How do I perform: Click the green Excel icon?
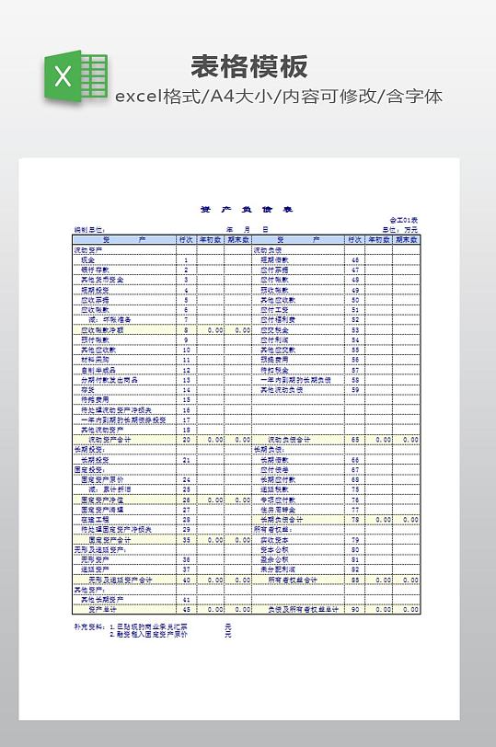point(75,76)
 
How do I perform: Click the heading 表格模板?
point(248,66)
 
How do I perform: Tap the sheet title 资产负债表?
point(247,210)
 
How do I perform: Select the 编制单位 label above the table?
point(90,230)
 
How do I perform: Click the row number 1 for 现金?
point(186,259)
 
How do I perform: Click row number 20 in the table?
point(186,440)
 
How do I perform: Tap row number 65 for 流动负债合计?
point(355,440)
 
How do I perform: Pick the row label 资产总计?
point(101,609)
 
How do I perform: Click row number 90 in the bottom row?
point(355,609)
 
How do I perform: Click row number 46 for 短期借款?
point(355,259)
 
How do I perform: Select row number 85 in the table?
point(355,580)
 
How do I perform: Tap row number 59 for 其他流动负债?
point(355,389)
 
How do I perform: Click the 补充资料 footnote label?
point(89,626)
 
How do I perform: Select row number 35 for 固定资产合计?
point(186,540)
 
